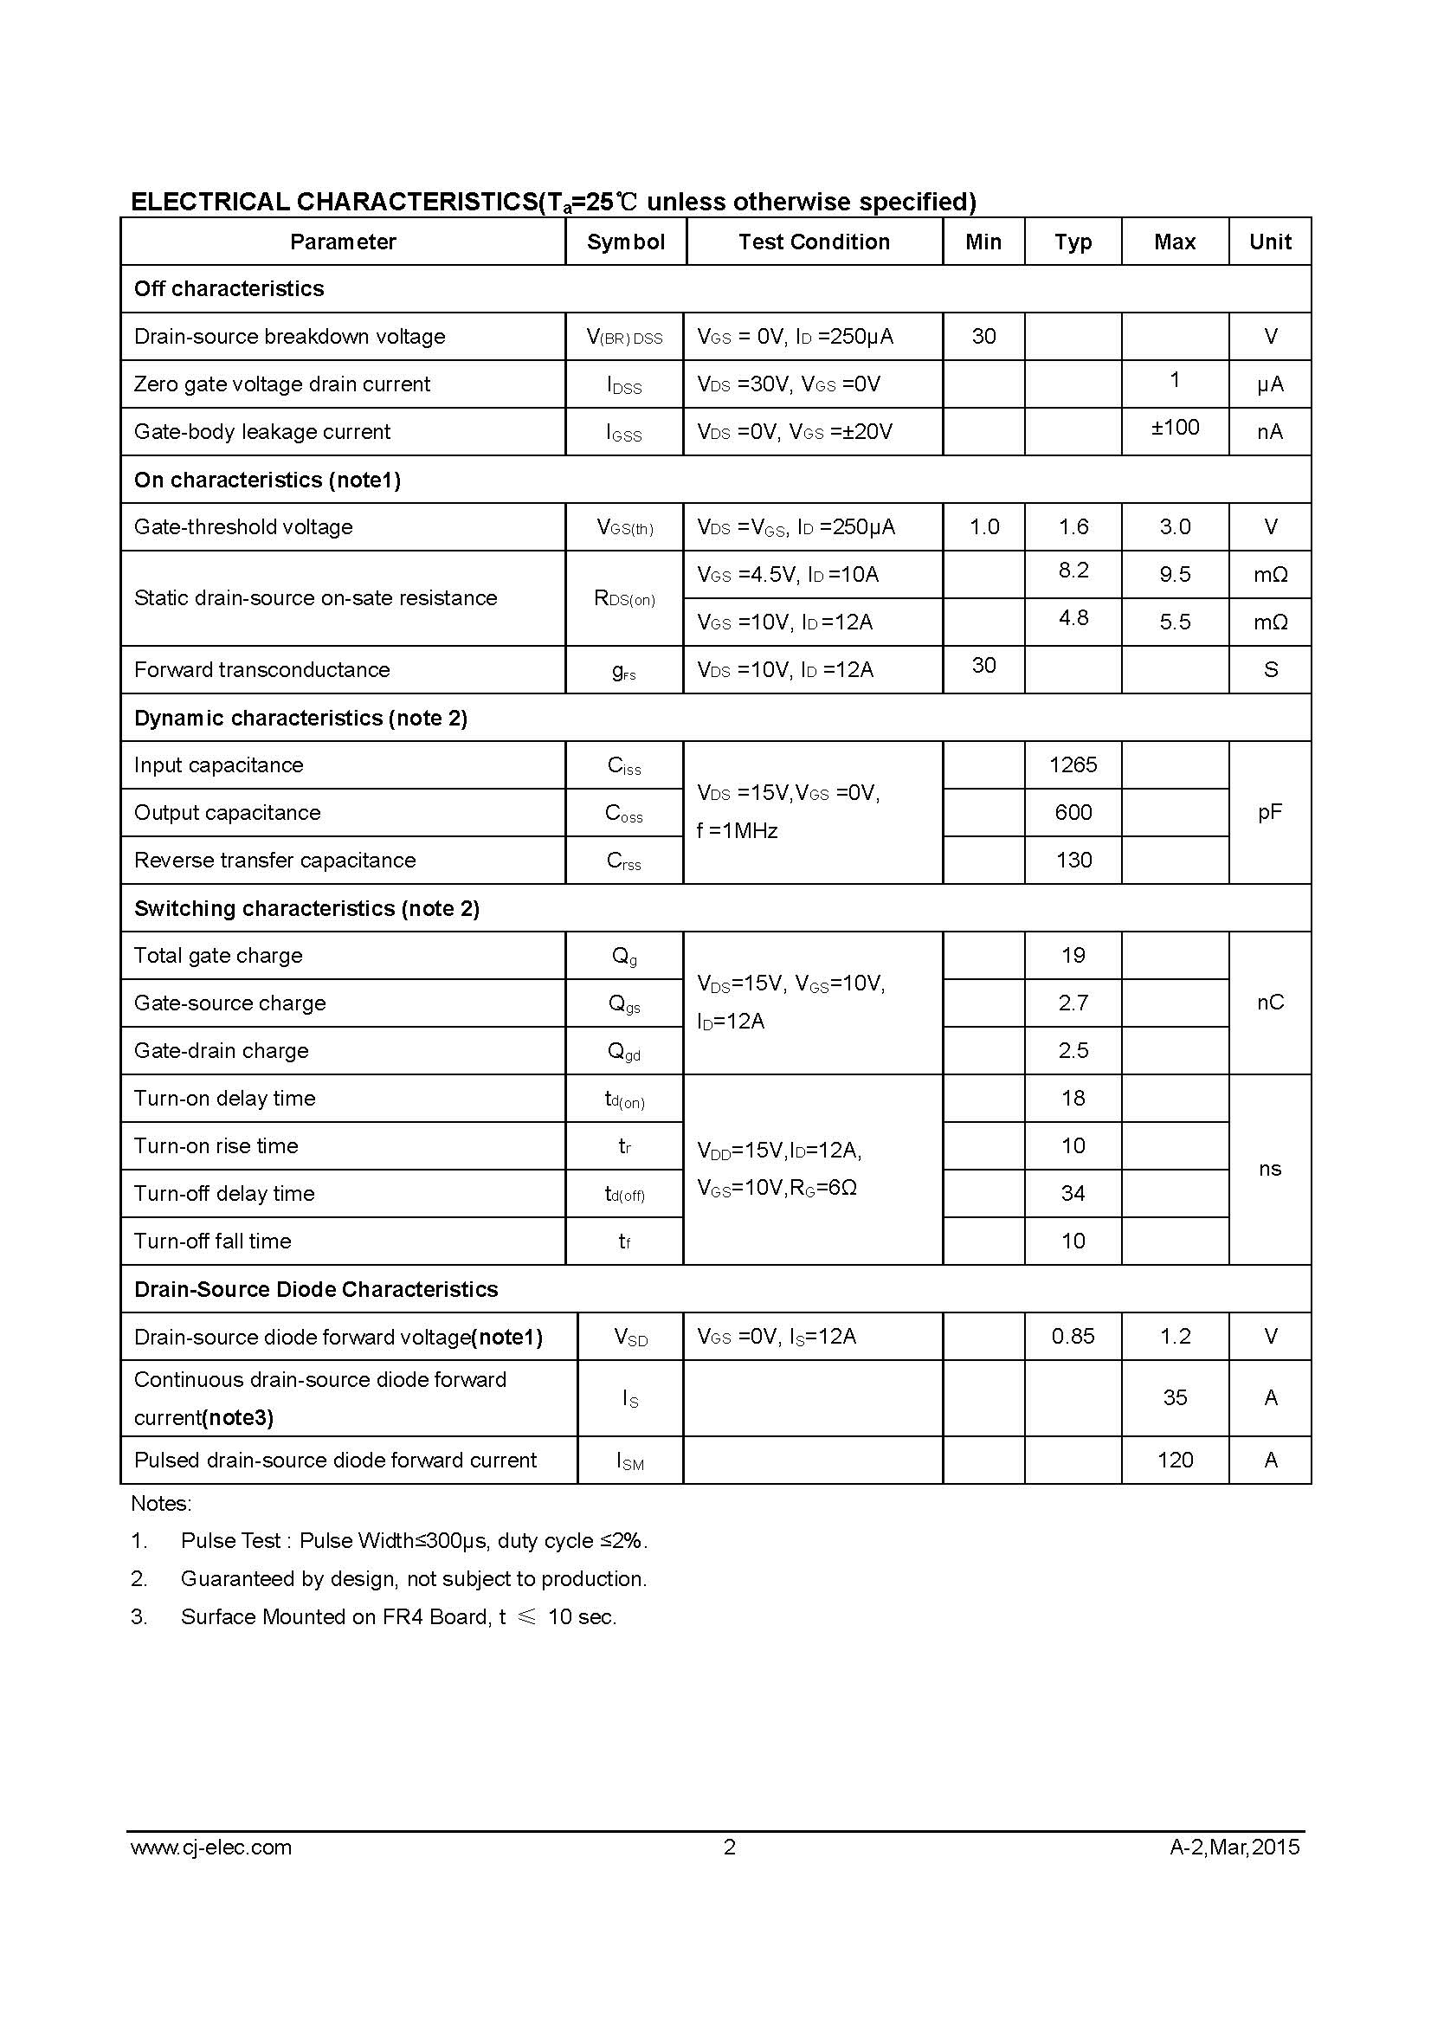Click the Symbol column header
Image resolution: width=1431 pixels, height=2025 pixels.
click(625, 242)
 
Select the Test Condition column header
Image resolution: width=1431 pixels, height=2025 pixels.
click(814, 242)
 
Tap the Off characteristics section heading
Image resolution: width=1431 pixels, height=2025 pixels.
click(229, 289)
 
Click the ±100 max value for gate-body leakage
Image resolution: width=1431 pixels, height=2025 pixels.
click(1175, 428)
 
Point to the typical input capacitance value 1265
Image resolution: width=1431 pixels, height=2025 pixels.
click(1073, 764)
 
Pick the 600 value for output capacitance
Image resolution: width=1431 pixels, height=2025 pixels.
click(1073, 812)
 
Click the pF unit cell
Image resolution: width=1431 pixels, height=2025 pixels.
click(1270, 812)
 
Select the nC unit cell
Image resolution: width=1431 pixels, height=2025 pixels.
click(1270, 1003)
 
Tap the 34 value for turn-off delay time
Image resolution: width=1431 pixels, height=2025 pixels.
click(1073, 1193)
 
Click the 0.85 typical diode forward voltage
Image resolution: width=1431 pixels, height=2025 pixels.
click(1073, 1336)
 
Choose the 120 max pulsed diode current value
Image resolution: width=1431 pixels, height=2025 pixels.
click(1175, 1460)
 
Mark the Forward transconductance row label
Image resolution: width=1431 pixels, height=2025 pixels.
click(261, 669)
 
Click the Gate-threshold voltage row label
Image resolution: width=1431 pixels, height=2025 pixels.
click(243, 526)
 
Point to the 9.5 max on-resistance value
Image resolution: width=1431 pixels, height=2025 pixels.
click(1175, 574)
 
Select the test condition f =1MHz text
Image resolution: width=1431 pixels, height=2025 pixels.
click(737, 831)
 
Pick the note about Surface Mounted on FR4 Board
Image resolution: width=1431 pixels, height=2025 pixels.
click(398, 1616)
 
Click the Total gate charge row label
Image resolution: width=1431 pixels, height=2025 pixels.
click(218, 955)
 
